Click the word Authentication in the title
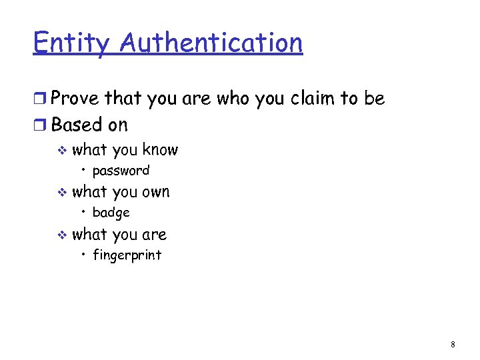pos(212,43)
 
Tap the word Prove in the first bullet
pos(75,99)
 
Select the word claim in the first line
pos(313,99)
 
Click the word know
pos(160,149)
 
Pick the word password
pos(121,171)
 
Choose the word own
pos(156,192)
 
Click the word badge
pos(111,213)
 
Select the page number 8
pos(453,345)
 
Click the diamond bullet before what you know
pos(62,151)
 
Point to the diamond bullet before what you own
pos(62,193)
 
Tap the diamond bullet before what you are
pos(62,235)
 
